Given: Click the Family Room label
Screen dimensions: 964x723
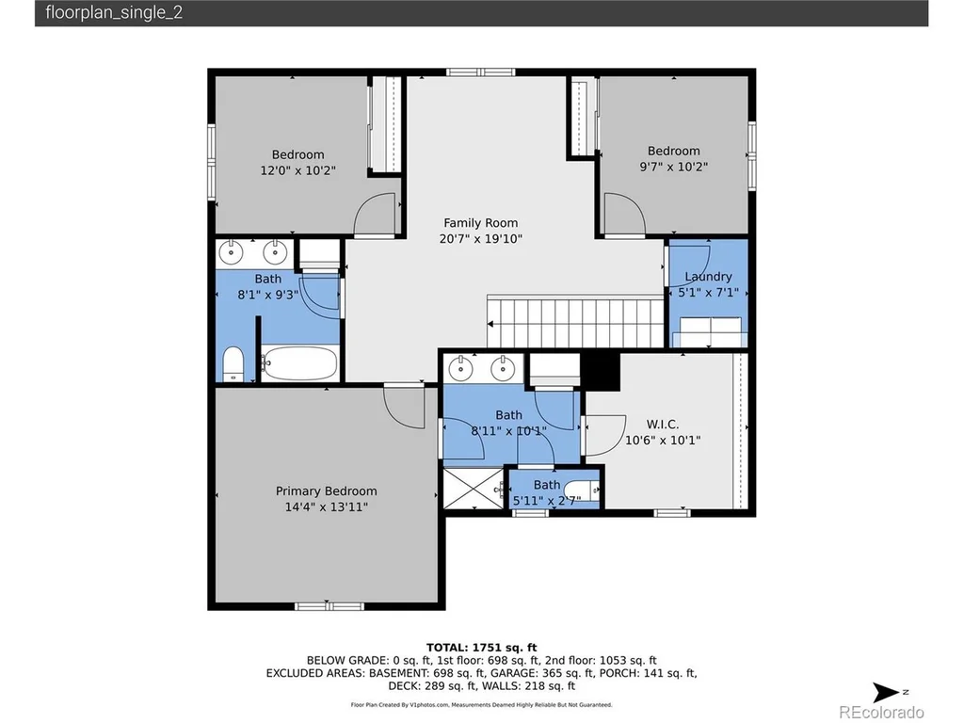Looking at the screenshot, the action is pyautogui.click(x=480, y=223).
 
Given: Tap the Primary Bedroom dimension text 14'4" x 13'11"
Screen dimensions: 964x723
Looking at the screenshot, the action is pyautogui.click(x=326, y=507).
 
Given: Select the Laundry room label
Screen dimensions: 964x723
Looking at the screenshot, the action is pyautogui.click(x=708, y=277).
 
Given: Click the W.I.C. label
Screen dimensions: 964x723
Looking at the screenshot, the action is pyautogui.click(x=662, y=425).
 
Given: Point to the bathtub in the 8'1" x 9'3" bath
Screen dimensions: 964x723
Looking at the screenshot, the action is pyautogui.click(x=299, y=363).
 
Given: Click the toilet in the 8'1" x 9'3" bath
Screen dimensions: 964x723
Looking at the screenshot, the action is pyautogui.click(x=233, y=364).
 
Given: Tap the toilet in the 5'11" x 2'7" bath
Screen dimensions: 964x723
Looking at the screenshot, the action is pyautogui.click(x=582, y=490).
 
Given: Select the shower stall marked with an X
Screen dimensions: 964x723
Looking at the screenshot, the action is pyautogui.click(x=474, y=489).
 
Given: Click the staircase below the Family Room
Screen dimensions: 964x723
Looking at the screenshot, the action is pyautogui.click(x=575, y=322).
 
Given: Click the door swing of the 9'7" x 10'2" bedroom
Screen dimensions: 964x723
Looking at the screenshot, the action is pyautogui.click(x=625, y=215).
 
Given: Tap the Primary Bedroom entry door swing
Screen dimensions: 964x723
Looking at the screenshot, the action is pyautogui.click(x=404, y=406).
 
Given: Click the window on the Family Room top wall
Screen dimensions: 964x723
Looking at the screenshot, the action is pyautogui.click(x=480, y=72).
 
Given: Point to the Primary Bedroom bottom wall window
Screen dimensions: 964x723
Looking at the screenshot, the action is pyautogui.click(x=329, y=606).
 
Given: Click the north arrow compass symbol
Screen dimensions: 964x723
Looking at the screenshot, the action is pyautogui.click(x=888, y=692).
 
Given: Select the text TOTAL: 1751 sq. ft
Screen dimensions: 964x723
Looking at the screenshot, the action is pyautogui.click(x=481, y=648).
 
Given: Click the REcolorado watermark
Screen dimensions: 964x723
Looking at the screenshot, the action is pyautogui.click(x=881, y=712).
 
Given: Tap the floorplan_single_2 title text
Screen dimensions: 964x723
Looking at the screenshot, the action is pyautogui.click(x=114, y=13).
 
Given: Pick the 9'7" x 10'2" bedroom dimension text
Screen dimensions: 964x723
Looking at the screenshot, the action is pyautogui.click(x=674, y=167).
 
